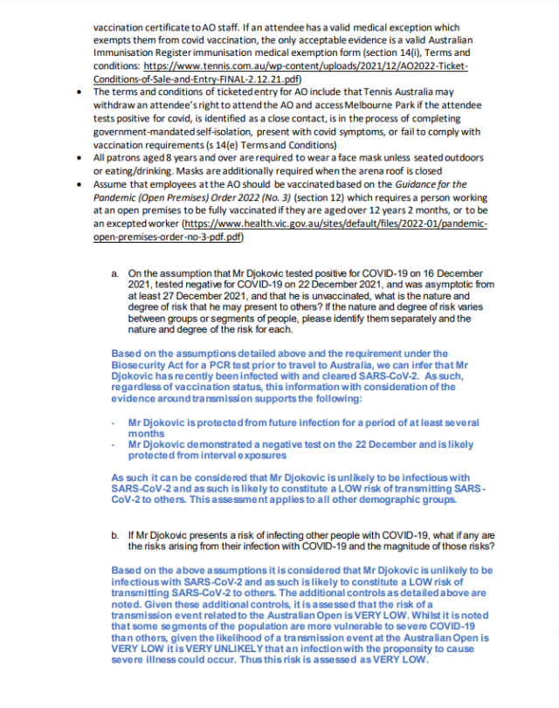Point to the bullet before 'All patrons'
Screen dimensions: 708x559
[81, 157]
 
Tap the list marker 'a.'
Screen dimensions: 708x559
[115, 273]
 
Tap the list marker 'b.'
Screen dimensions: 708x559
[115, 535]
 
